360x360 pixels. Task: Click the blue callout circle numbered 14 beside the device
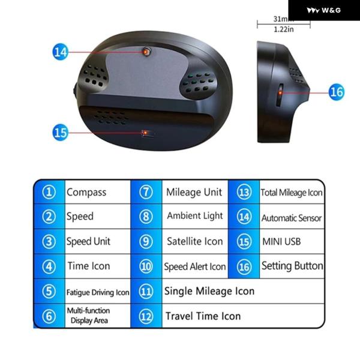(x=60, y=52)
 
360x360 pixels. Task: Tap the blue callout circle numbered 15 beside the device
(x=60, y=133)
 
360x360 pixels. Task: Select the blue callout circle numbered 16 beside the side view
(x=337, y=92)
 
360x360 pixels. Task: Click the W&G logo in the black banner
(x=324, y=10)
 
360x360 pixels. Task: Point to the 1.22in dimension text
(x=284, y=29)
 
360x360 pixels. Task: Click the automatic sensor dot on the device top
(x=146, y=52)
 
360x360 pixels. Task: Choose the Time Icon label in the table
(x=89, y=266)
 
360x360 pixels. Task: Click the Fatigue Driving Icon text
(x=98, y=292)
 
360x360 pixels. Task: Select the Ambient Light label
(x=195, y=216)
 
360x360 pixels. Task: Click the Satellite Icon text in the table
(x=195, y=241)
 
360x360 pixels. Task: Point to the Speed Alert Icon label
(x=195, y=266)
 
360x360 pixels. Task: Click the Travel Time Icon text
(x=203, y=316)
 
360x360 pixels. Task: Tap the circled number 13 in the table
(x=244, y=192)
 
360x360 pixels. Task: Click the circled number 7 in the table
(x=146, y=192)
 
